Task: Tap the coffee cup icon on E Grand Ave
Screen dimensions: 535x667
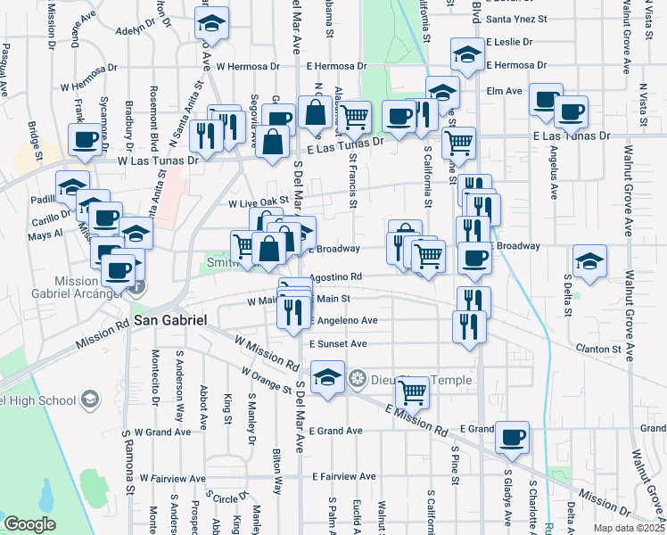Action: [512, 438]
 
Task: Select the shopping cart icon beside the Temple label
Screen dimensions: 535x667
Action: [411, 391]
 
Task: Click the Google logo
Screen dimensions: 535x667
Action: [29, 524]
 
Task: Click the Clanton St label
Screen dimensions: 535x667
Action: [598, 348]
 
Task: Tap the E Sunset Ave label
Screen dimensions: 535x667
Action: [338, 343]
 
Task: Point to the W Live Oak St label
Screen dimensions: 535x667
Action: [259, 203]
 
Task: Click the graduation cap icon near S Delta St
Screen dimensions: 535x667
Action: [589, 260]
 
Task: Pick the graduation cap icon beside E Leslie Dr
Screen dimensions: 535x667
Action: [466, 55]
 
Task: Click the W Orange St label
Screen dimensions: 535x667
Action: [265, 379]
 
